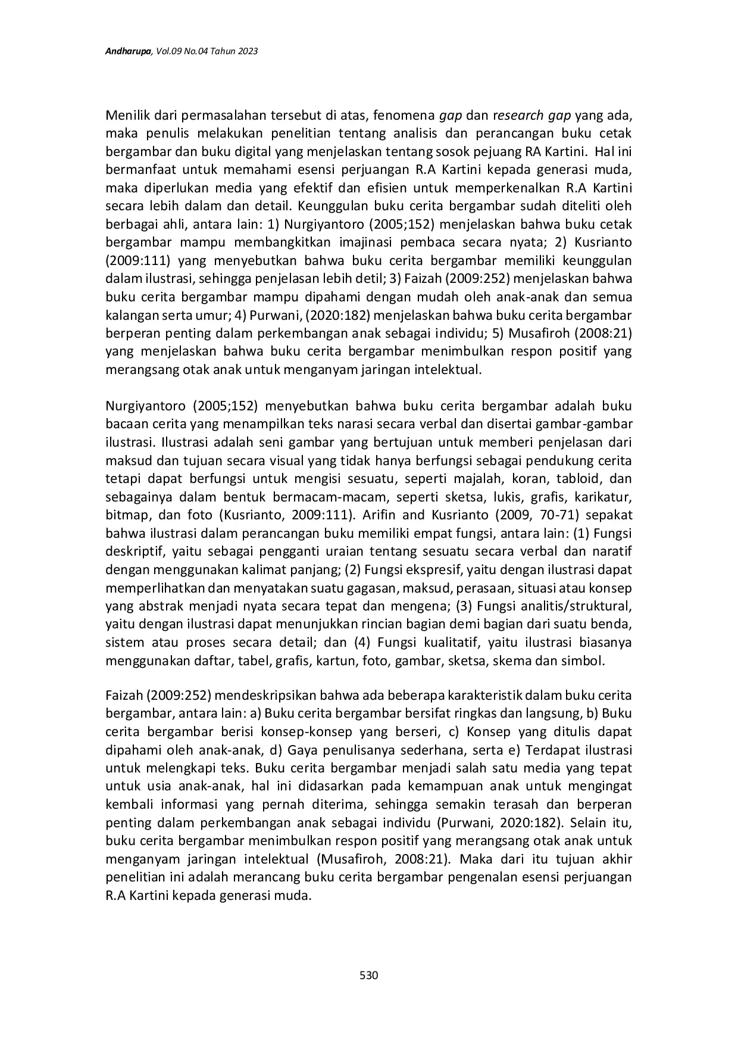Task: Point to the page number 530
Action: point(369,976)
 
